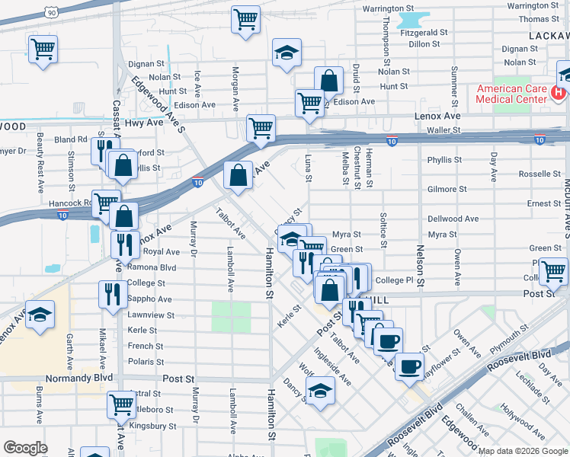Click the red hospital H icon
click(559, 93)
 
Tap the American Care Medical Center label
click(511, 94)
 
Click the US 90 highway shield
click(51, 12)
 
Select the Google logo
click(25, 448)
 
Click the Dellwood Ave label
click(453, 219)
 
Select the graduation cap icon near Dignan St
click(287, 53)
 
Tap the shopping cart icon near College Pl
click(552, 270)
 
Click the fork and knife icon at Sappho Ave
click(114, 293)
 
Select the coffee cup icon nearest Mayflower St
click(410, 366)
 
